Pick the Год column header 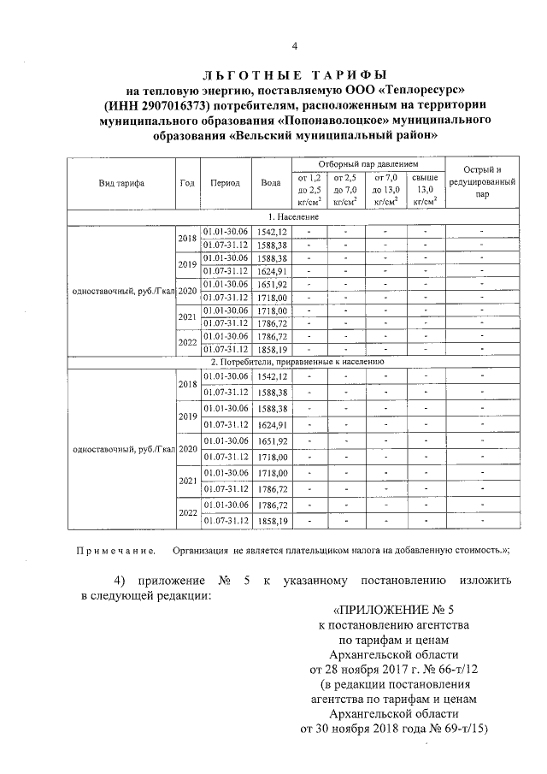coord(187,183)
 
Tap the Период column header coord(226,183)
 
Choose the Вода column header coord(271,183)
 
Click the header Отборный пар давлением coord(368,162)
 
